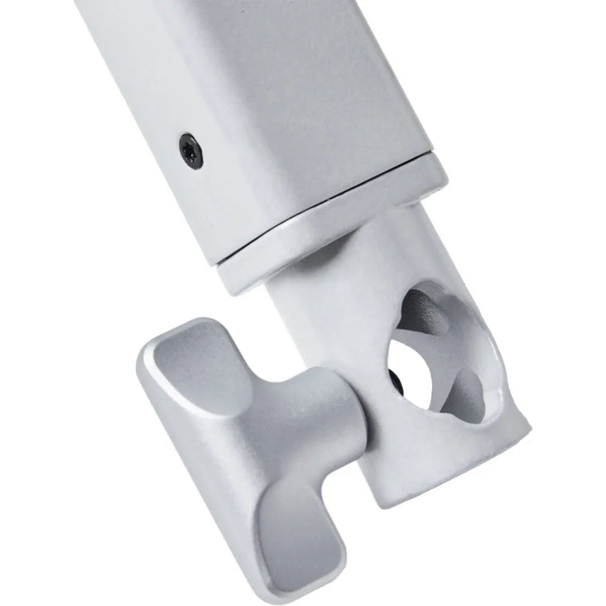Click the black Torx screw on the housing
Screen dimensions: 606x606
coord(191,151)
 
